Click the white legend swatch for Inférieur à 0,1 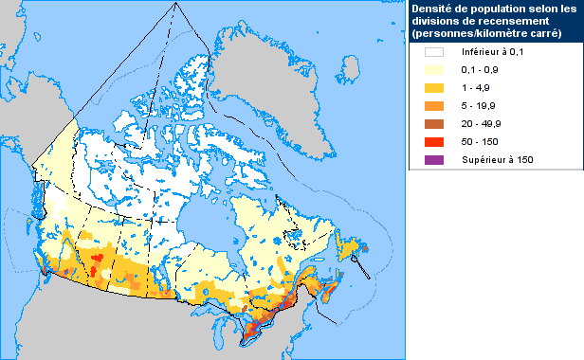[x=434, y=54]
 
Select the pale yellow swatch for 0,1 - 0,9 [x=434, y=71]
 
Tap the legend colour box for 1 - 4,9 [x=434, y=89]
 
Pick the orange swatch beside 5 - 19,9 [x=434, y=106]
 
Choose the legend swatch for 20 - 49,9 [x=434, y=124]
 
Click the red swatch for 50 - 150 [x=434, y=141]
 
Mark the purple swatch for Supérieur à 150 [x=434, y=159]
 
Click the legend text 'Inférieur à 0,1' [x=495, y=54]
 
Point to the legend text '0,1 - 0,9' [x=482, y=71]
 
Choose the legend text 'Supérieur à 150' [x=498, y=159]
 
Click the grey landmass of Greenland [x=275, y=57]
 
